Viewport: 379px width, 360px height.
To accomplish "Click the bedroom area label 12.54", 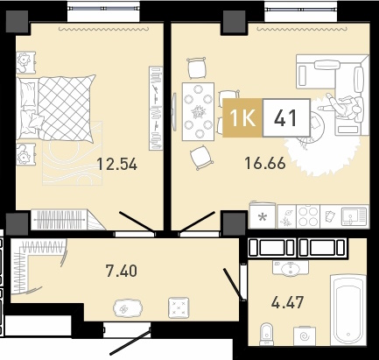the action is coord(116,164).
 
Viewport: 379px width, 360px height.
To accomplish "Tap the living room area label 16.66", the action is coord(265,163).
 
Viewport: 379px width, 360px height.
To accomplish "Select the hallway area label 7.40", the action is coord(122,271).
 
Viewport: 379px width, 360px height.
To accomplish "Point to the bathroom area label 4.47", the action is coord(287,302).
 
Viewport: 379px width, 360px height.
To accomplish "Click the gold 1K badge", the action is coord(242,117).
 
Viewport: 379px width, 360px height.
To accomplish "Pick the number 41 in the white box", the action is coord(286,117).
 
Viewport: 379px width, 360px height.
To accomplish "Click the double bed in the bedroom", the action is coord(56,108).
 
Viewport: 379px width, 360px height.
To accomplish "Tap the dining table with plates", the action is coord(198,111).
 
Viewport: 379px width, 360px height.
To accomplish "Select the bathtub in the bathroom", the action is coord(348,310).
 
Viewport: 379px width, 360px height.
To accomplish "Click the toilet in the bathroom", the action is coord(266,334).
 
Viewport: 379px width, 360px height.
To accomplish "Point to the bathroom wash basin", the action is coord(291,267).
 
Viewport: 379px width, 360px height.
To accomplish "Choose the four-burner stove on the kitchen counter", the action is coord(308,216).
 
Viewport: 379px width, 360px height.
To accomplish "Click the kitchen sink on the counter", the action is coord(354,216).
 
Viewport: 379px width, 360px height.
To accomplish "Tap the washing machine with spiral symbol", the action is coord(305,336).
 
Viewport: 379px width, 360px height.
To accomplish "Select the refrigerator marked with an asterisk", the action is coord(263,215).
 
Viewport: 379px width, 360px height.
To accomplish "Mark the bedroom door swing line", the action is coord(137,222).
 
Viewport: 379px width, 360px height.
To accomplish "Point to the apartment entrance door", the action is coord(130,342).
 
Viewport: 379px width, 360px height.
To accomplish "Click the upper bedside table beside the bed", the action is coord(26,62).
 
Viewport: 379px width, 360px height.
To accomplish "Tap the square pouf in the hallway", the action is coord(179,307).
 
